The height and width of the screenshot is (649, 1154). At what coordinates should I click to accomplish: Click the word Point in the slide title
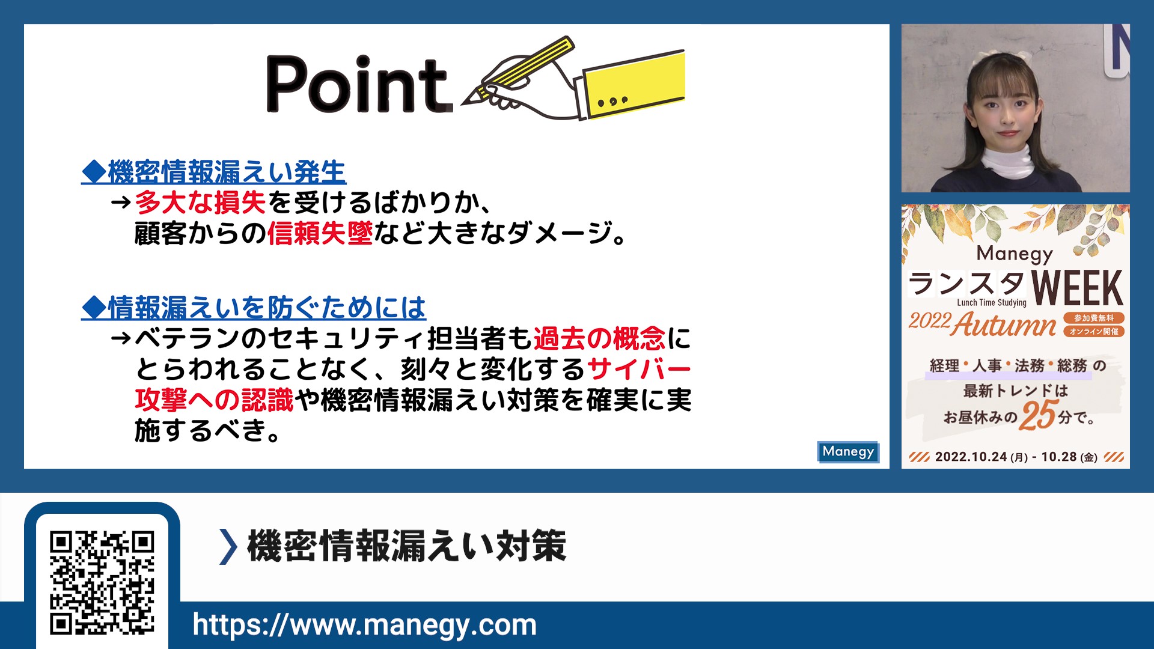359,84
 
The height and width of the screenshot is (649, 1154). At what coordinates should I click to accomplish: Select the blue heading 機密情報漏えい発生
214,172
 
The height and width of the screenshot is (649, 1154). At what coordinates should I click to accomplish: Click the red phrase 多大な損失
200,203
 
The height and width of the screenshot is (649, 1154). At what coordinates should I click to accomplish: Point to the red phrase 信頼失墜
320,233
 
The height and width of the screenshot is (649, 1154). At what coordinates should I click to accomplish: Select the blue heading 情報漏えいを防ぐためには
254,308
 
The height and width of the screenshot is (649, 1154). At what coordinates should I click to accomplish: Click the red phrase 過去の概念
599,338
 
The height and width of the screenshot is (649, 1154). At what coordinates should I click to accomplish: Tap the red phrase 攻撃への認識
215,400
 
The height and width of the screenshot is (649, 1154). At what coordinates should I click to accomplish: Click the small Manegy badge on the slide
848,452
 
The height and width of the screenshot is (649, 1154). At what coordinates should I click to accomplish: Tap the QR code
102,582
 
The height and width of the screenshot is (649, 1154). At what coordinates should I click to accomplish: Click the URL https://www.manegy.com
364,625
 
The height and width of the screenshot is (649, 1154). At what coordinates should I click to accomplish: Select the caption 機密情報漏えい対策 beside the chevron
407,546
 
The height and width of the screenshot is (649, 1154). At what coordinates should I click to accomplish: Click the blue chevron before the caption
228,546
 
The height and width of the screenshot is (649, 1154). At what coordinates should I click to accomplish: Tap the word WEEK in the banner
1077,288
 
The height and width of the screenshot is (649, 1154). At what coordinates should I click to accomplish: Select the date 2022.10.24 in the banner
971,457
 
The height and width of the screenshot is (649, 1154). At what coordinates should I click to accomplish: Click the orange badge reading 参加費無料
1094,318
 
